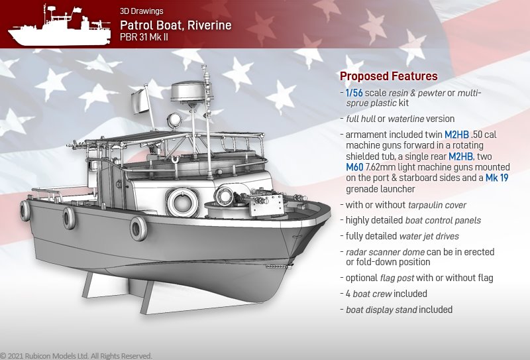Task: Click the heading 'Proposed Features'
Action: [x=389, y=76]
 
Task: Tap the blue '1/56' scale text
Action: [x=354, y=93]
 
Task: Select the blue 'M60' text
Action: [x=354, y=167]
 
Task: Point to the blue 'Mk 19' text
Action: [x=497, y=178]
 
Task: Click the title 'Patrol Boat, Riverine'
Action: [x=176, y=25]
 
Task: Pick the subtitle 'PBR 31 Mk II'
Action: [x=144, y=37]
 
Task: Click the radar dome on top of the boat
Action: [x=188, y=91]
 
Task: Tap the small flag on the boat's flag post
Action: [x=140, y=101]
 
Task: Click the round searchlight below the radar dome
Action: [x=174, y=120]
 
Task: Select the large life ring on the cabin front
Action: [x=183, y=203]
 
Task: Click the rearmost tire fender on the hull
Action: [x=25, y=210]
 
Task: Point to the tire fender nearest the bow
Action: [x=138, y=228]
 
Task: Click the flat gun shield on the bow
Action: [x=267, y=206]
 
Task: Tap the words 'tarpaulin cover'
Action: [x=437, y=205]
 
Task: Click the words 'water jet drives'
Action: [x=429, y=236]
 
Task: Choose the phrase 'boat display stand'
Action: [x=382, y=310]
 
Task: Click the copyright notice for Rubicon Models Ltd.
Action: [x=76, y=356]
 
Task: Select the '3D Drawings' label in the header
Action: [x=142, y=11]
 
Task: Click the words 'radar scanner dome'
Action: [x=385, y=252]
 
